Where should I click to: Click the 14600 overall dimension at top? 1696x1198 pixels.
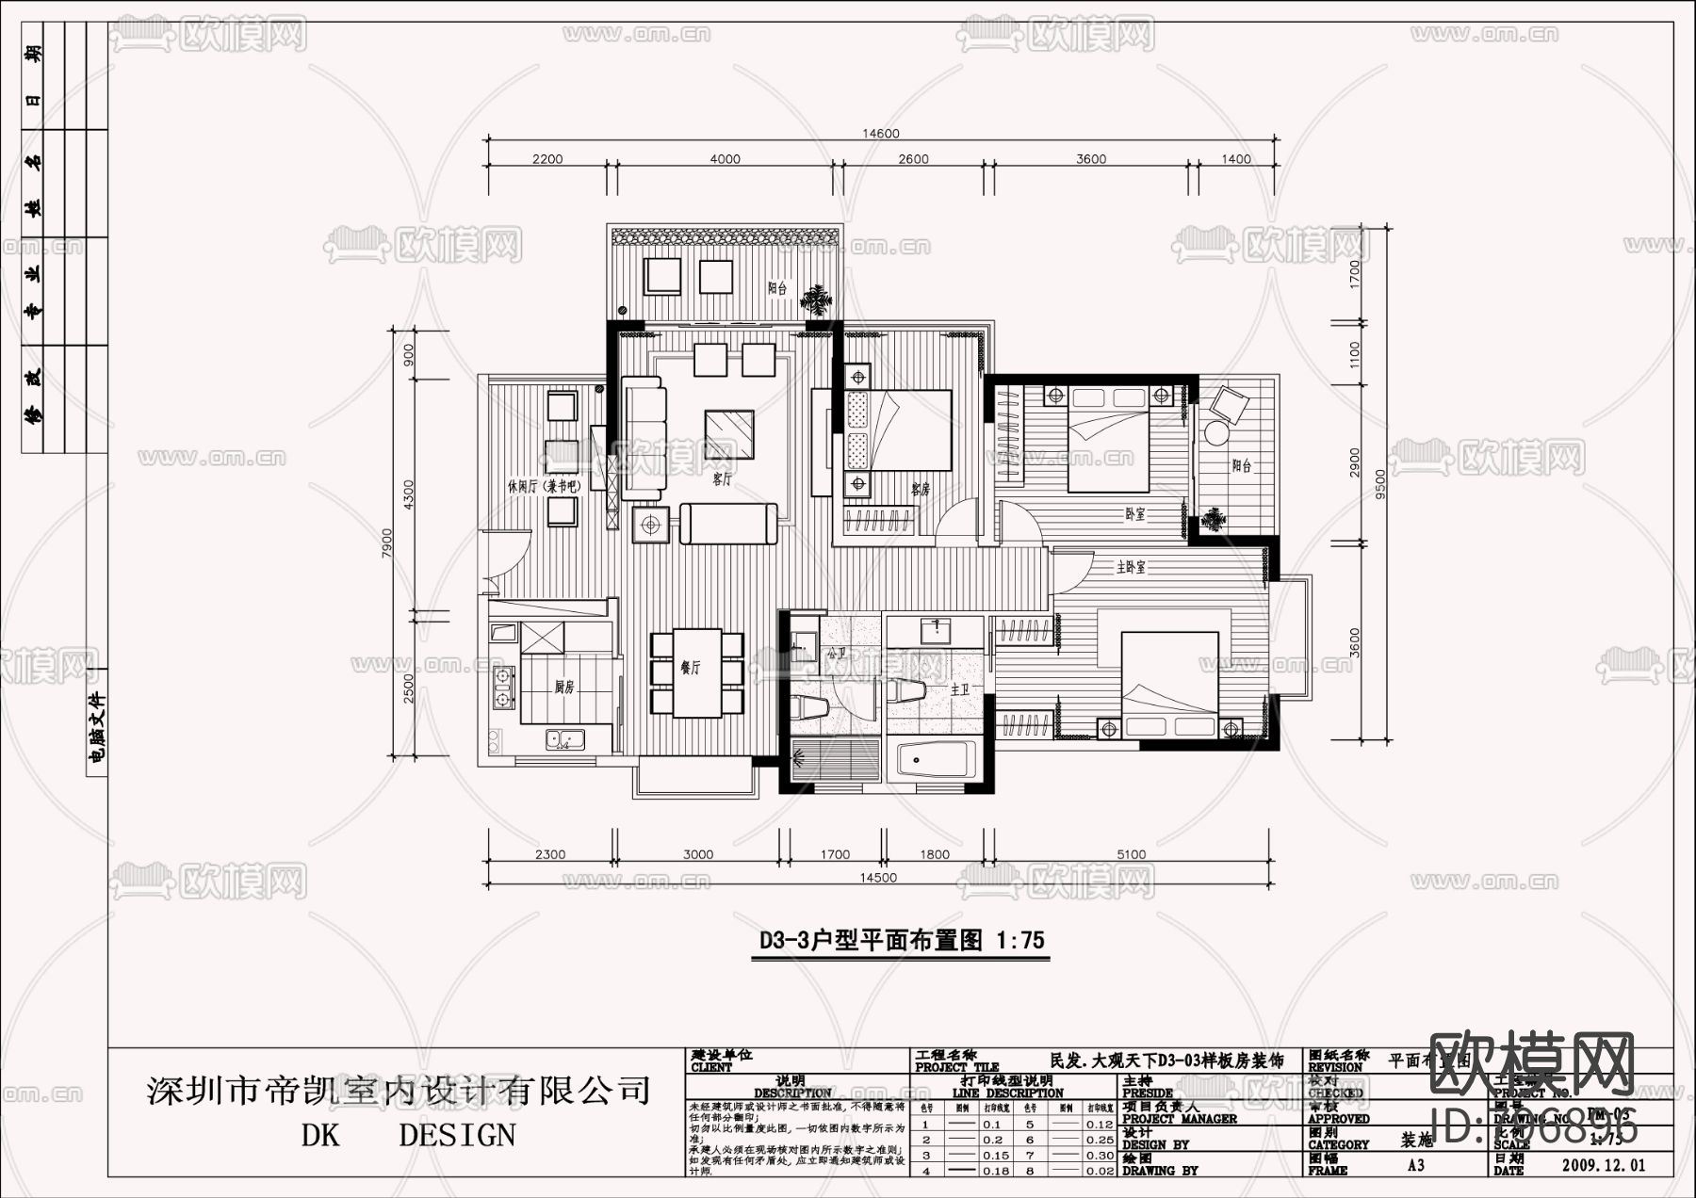(881, 134)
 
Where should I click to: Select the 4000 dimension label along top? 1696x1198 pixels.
(725, 159)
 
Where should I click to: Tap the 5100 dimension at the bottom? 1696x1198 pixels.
(1131, 854)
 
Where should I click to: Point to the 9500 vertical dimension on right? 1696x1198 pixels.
(1381, 482)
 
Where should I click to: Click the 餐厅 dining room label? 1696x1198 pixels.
(690, 668)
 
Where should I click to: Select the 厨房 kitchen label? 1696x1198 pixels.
(563, 688)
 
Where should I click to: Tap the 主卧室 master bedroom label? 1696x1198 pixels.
(1131, 568)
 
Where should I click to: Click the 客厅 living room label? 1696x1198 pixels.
(722, 479)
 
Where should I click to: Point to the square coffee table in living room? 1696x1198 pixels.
(729, 433)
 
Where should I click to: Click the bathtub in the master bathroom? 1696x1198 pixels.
(937, 760)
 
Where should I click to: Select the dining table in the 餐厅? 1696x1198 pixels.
(697, 672)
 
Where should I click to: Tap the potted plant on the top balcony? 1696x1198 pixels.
(816, 300)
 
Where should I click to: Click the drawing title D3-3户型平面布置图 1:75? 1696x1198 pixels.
(902, 940)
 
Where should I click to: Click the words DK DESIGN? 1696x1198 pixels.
(408, 1136)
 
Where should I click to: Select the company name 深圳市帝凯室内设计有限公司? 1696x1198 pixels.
(399, 1091)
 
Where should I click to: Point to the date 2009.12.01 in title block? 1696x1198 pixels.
(1603, 1165)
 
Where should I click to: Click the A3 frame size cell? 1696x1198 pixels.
(1415, 1165)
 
